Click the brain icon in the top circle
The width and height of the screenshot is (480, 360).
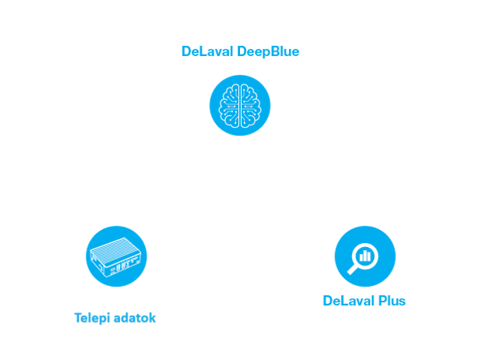click(x=239, y=105)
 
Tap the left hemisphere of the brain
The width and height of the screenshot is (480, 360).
click(x=230, y=105)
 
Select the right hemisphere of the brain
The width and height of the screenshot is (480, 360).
click(x=249, y=105)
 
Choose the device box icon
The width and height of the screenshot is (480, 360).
click(x=116, y=256)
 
